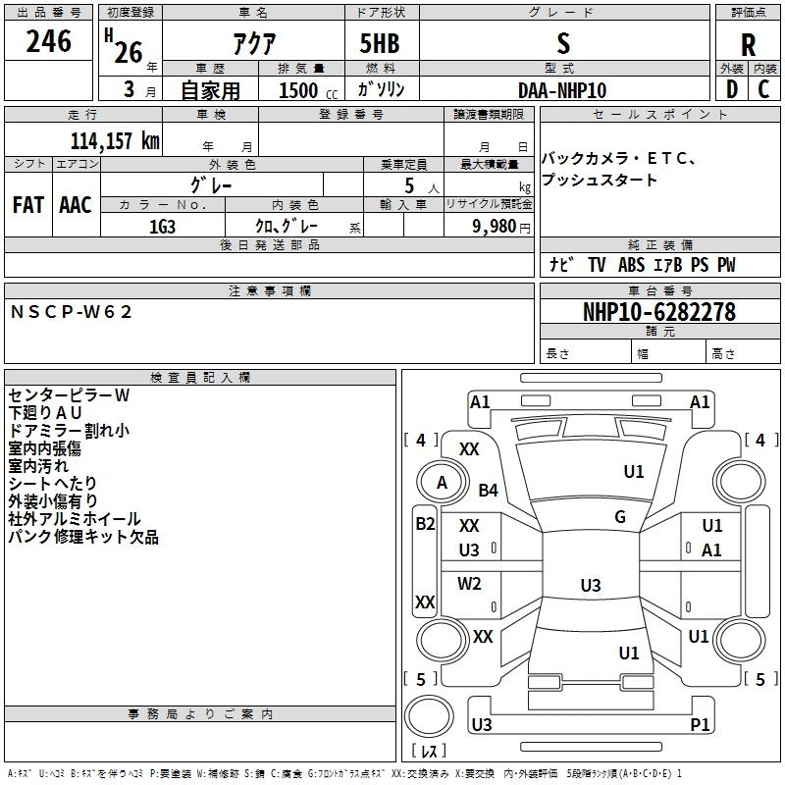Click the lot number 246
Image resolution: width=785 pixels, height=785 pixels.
tap(48, 41)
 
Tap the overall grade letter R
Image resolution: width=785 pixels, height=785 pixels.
tap(748, 45)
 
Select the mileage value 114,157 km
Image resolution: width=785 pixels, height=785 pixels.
tap(115, 141)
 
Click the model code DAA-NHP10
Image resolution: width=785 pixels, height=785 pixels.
tap(562, 90)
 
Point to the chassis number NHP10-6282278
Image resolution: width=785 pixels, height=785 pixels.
tap(659, 312)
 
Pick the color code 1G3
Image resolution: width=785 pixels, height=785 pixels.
tap(162, 227)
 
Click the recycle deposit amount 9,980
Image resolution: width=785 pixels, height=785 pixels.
tap(495, 227)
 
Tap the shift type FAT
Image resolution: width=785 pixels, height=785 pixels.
tap(28, 205)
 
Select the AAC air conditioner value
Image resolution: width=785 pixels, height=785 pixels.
tap(76, 205)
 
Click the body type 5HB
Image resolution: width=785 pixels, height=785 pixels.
tap(380, 43)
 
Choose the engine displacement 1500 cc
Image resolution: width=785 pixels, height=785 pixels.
tap(308, 90)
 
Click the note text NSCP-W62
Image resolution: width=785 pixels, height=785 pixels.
tap(71, 312)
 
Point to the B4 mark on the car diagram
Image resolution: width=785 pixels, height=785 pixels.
tap(488, 490)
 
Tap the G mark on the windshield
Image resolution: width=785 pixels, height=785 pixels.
tap(620, 517)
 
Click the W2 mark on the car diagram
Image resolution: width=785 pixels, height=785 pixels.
tap(469, 583)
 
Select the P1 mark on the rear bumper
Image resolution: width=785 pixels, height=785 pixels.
tap(700, 724)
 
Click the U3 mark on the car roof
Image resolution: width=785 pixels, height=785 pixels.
tap(591, 585)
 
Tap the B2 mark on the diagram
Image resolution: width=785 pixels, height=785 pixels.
tap(425, 524)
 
